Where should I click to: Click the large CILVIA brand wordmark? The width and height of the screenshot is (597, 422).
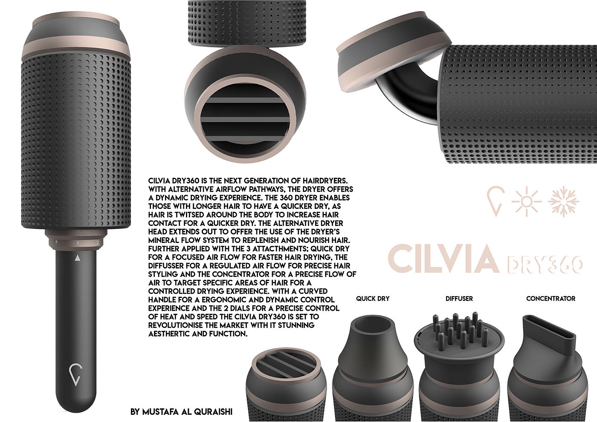tap(443, 259)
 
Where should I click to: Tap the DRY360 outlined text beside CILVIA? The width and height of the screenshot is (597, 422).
tap(545, 265)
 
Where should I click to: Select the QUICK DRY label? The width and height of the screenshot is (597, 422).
tap(373, 299)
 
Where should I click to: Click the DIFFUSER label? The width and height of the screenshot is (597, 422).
tap(459, 299)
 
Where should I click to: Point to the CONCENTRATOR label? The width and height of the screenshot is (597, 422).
tap(551, 299)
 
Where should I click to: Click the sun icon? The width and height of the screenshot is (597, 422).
tap(526, 201)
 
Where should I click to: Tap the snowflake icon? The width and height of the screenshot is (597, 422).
tap(564, 201)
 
